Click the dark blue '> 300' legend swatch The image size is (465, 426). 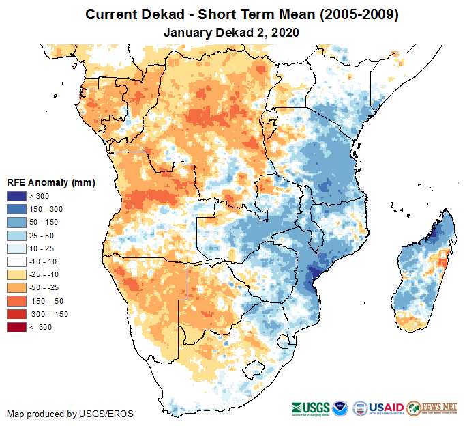click(17, 197)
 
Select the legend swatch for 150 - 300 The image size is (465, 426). click(17, 210)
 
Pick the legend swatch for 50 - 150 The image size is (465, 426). click(17, 223)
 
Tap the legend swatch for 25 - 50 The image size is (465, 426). click(17, 236)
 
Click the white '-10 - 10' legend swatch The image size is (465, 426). click(17, 261)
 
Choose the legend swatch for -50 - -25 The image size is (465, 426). click(17, 288)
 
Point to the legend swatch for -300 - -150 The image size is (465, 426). click(17, 314)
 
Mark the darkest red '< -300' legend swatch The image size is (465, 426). click(17, 327)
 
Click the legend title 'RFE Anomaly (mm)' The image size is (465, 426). click(50, 182)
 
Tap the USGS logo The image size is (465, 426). click(310, 408)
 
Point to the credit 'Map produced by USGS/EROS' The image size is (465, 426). click(70, 414)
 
